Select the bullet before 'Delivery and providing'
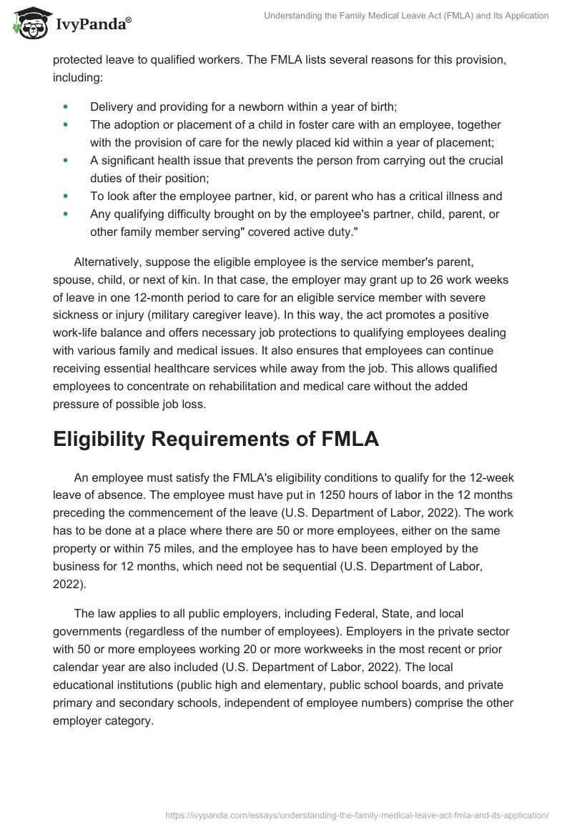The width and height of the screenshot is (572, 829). coord(66,107)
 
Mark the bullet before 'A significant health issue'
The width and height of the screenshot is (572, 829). coord(66,160)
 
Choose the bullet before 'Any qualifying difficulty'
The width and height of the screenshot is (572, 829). coord(66,214)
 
